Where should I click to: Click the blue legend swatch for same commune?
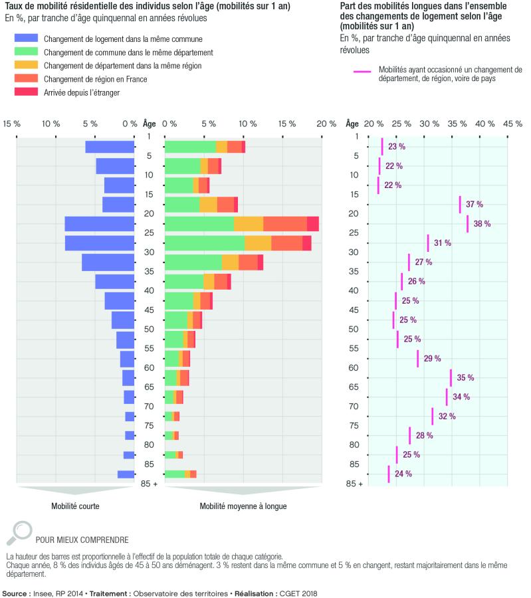tap(27, 38)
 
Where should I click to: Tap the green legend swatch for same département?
tap(27, 51)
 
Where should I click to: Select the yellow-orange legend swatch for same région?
tap(27, 65)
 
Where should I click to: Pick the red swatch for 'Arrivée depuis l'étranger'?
tap(27, 92)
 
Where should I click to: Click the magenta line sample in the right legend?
tap(362, 71)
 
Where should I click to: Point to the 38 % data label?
tap(482, 223)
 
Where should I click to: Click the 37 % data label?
tap(475, 204)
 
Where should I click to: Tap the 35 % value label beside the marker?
tap(465, 377)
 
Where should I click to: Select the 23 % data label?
tap(397, 146)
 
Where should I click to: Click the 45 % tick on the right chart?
tap(512, 124)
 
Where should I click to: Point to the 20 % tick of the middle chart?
tap(326, 124)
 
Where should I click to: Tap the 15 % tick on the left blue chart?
tap(12, 124)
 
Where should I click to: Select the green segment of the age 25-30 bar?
tap(205, 243)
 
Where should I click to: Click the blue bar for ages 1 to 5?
tap(110, 147)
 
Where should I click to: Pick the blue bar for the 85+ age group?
tap(126, 474)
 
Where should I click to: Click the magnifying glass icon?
tap(19, 533)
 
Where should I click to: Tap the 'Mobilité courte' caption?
tap(75, 506)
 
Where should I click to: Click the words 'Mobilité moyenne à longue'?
tap(243, 506)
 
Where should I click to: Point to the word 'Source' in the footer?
tap(15, 593)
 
